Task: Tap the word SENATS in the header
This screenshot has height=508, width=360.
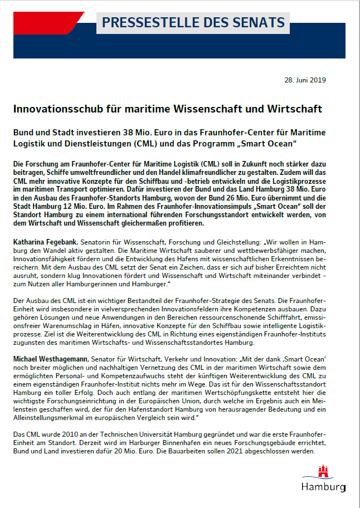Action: (259, 23)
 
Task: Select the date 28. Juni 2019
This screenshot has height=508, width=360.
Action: (305, 80)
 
